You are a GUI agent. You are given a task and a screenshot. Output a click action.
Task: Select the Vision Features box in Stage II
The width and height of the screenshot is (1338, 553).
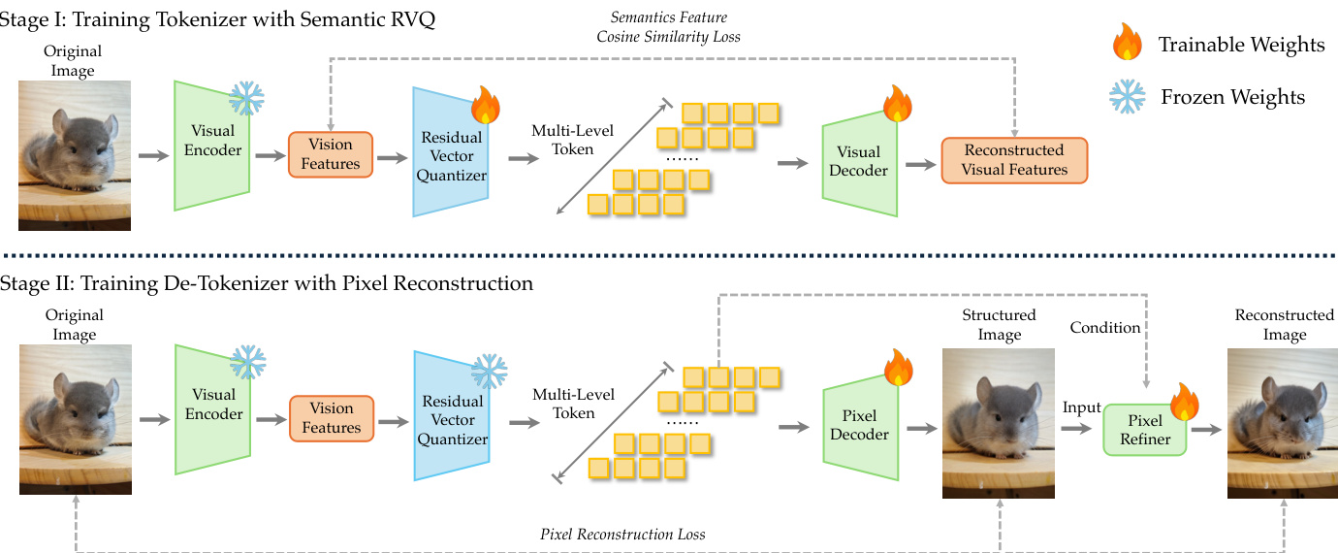331,418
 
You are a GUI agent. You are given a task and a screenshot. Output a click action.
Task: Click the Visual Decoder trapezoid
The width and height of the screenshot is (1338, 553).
858,161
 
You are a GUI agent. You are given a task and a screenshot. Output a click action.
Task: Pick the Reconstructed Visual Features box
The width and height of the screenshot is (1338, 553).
1014,160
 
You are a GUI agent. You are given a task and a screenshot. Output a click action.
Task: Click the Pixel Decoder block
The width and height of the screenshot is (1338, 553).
859,424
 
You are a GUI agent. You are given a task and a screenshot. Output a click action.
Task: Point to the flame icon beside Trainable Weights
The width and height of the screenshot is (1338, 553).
1128,43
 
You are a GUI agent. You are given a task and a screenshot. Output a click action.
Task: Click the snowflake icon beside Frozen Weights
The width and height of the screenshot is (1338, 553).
1128,95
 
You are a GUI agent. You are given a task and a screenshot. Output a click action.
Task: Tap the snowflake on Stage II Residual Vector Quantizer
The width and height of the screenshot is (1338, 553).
489,372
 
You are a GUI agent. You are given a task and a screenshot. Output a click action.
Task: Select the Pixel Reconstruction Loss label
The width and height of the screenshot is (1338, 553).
622,535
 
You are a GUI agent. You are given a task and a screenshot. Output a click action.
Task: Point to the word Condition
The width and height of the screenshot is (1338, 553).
1105,328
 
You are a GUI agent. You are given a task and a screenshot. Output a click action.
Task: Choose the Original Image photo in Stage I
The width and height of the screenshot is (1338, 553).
75,155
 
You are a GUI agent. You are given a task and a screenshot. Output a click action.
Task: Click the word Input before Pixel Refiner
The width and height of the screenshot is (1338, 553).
1082,407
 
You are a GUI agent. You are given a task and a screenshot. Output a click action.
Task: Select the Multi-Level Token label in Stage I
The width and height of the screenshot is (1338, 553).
572,141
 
